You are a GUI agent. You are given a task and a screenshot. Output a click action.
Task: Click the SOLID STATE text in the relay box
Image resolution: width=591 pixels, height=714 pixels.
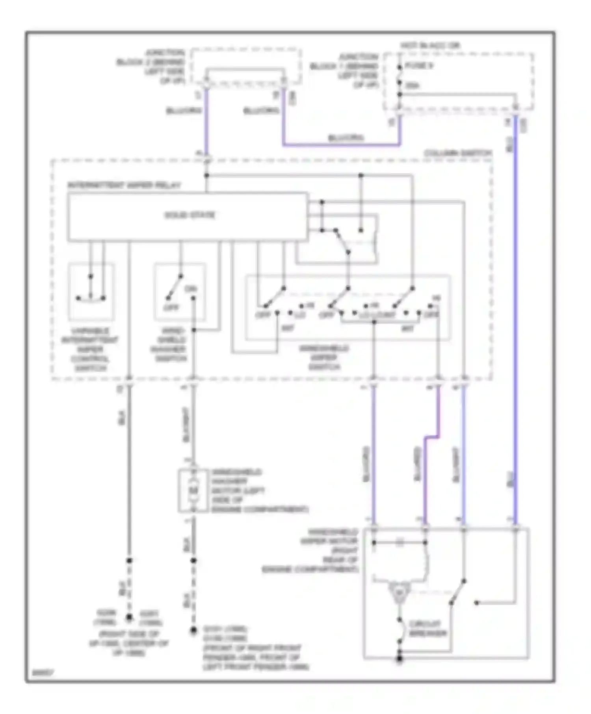pyautogui.click(x=190, y=215)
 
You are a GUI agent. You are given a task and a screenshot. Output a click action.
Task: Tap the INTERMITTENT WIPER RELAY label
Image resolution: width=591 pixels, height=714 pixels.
pyautogui.click(x=124, y=185)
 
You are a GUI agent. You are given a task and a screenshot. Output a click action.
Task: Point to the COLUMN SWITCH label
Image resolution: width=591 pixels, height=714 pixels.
pyautogui.click(x=458, y=153)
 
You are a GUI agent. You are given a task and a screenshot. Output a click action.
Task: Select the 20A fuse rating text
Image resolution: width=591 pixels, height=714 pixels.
pyautogui.click(x=412, y=85)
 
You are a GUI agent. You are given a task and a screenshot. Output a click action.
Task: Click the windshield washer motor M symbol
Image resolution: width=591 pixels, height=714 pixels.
pyautogui.click(x=193, y=490)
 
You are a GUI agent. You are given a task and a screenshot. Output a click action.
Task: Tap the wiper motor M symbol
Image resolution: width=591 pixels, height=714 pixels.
pyautogui.click(x=399, y=592)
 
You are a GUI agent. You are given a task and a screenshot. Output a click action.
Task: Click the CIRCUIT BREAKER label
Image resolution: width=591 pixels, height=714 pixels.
pyautogui.click(x=427, y=629)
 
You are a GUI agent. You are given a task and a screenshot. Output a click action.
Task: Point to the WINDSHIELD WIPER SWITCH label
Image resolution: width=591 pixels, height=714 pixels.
pyautogui.click(x=324, y=357)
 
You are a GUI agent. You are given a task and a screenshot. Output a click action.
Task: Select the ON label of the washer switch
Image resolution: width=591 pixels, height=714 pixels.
pyautogui.click(x=191, y=289)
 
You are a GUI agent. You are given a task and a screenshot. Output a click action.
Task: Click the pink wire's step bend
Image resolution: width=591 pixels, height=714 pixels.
pyautogui.click(x=431, y=437)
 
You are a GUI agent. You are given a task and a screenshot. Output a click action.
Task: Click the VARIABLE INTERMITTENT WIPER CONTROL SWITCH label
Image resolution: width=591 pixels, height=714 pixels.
pyautogui.click(x=90, y=350)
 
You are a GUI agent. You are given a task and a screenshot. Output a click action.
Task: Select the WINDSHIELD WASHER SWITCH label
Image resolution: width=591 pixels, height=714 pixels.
pyautogui.click(x=171, y=345)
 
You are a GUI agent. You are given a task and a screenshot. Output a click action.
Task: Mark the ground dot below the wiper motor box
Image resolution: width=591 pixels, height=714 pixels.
pyautogui.click(x=399, y=659)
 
